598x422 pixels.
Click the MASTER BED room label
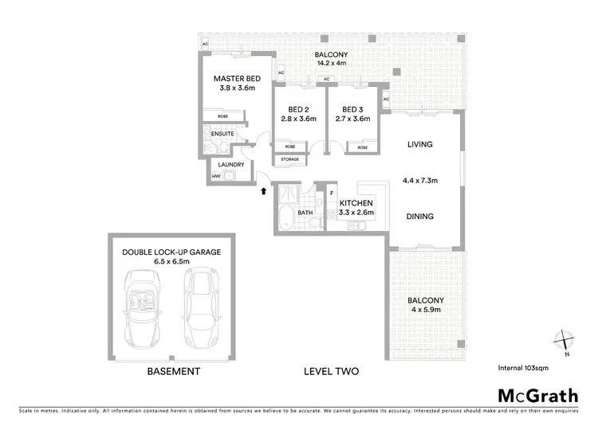point(238,79)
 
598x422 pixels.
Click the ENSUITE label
point(223,134)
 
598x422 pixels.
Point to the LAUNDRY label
point(230,165)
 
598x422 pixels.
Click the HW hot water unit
point(216,176)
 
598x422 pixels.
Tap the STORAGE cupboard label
point(289,159)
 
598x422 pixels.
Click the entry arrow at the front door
point(263,190)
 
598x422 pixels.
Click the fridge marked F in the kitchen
point(331,192)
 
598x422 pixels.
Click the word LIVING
point(419,144)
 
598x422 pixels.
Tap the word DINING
point(419,216)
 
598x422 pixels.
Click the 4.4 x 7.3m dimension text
point(419,181)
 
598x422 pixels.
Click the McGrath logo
point(539,396)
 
